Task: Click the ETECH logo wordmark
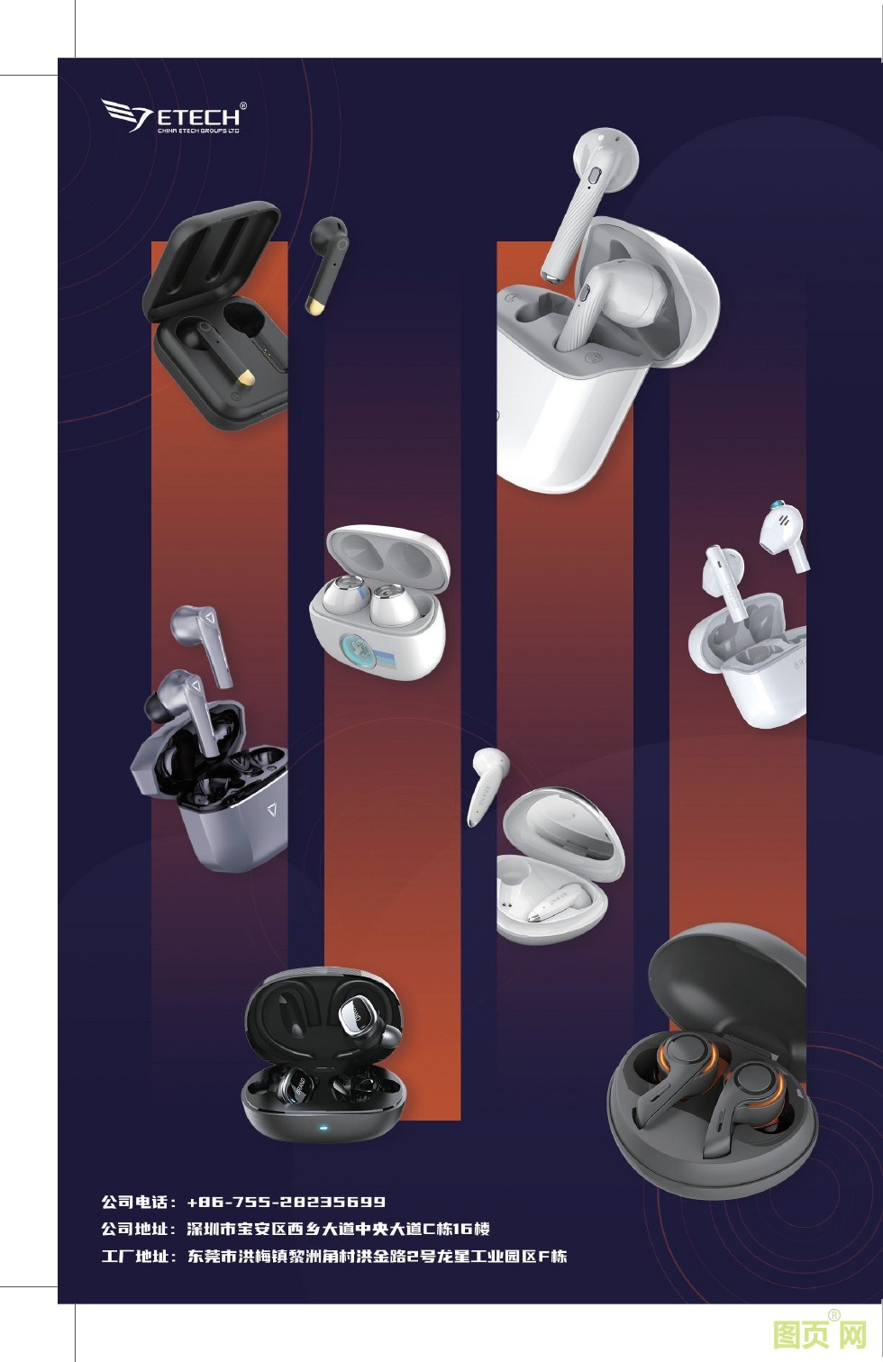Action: pyautogui.click(x=198, y=116)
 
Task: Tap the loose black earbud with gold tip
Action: pyautogui.click(x=326, y=266)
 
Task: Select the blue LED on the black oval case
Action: pyautogui.click(x=321, y=1130)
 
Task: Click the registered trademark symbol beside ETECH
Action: pyautogui.click(x=243, y=105)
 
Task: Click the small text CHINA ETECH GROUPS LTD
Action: pyautogui.click(x=198, y=130)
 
